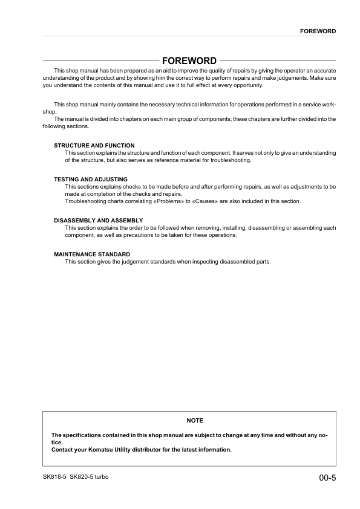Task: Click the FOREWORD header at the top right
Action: tap(318, 30)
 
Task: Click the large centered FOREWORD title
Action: tap(189, 60)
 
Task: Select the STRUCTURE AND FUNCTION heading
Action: tap(94, 146)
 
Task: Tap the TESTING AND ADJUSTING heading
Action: tap(91, 180)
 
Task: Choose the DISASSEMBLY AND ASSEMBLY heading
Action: tap(98, 220)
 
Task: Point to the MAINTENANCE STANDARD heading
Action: tap(92, 254)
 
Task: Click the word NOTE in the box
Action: tap(195, 420)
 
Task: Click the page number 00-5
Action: tap(327, 478)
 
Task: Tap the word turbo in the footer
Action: tap(100, 477)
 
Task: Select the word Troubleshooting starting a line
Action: tap(83, 201)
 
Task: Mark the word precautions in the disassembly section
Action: tap(135, 235)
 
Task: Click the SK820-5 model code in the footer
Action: tap(80, 477)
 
